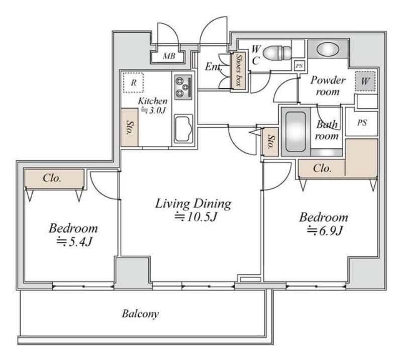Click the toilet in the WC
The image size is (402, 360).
point(277,53)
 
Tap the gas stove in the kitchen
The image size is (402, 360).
point(183,87)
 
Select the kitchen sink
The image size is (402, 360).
point(183,129)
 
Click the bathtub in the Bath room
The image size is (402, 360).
point(296,131)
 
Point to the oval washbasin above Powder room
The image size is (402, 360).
point(328,49)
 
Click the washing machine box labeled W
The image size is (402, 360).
point(365,81)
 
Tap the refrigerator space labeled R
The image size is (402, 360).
point(133,82)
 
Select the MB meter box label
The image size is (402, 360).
point(169,56)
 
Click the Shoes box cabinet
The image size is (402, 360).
point(239,70)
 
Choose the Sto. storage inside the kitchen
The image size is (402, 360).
point(130,127)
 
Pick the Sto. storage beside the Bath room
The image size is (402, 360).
point(271,142)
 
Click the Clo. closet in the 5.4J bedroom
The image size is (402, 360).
point(54,179)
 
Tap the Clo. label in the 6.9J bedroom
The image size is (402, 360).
point(322,168)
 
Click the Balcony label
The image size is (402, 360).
point(140,314)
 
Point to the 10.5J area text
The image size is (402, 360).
point(196,217)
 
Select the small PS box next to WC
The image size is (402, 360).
point(299,66)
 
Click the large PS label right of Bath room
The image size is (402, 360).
point(362,123)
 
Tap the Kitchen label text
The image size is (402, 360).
point(153,101)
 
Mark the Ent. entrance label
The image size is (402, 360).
point(213,67)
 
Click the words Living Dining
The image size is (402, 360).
point(193,204)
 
